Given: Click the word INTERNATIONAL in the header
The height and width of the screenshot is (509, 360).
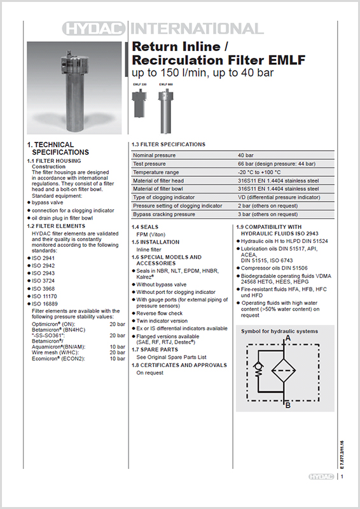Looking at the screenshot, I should pyautogui.click(x=196, y=29).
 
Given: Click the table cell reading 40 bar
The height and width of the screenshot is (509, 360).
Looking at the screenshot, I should pyautogui.click(x=245, y=155).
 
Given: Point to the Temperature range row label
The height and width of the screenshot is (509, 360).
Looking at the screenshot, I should pyautogui.click(x=156, y=172).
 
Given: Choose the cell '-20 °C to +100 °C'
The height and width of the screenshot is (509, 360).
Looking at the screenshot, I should pyautogui.click(x=260, y=172).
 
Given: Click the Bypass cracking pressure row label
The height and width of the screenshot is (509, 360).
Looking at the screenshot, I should pyautogui.click(x=163, y=214).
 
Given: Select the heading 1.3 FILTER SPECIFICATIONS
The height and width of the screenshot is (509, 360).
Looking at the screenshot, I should pyautogui.click(x=168, y=144).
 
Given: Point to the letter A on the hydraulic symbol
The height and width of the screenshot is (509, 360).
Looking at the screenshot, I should pyautogui.click(x=288, y=339).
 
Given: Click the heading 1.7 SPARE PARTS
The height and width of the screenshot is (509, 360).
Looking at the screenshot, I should pyautogui.click(x=155, y=350).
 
